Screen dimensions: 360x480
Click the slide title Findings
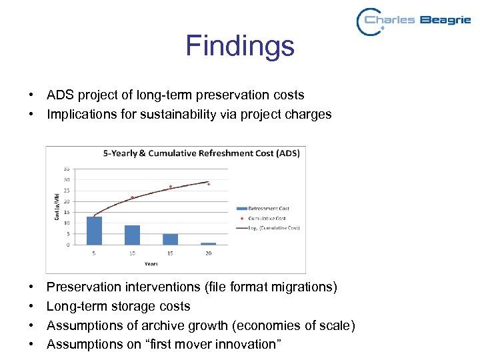coord(239,46)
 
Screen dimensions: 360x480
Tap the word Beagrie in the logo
coord(445,20)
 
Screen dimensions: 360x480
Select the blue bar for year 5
coord(94,231)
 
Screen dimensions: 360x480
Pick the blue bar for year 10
coord(132,235)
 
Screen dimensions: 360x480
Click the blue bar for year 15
coord(170,239)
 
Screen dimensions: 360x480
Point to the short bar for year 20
coord(208,243)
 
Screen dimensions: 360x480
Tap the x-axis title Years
coord(151,264)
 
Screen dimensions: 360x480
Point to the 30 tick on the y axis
coord(66,180)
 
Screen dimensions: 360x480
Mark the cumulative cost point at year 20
coord(208,184)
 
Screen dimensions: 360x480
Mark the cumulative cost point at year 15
coord(170,187)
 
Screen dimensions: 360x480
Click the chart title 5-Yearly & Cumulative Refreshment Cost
coord(201,153)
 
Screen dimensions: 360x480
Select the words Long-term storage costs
coord(118,306)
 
